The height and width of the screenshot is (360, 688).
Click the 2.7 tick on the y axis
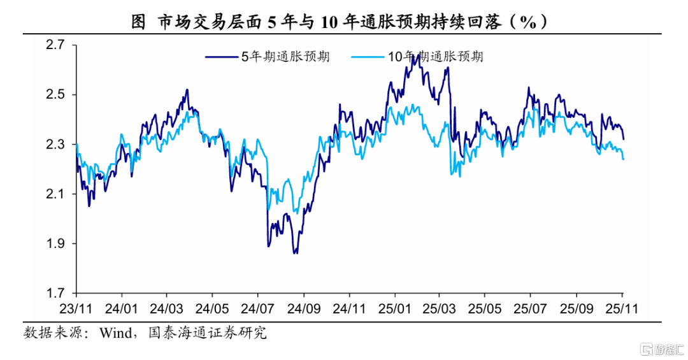[x=57, y=45]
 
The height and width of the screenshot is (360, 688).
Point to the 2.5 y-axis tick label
[x=57, y=95]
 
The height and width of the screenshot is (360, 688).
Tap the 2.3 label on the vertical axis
[x=57, y=145]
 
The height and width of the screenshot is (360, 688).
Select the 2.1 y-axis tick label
[x=57, y=194]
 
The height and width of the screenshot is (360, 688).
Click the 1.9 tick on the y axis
[x=57, y=243]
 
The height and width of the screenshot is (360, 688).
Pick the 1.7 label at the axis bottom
[x=57, y=293]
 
